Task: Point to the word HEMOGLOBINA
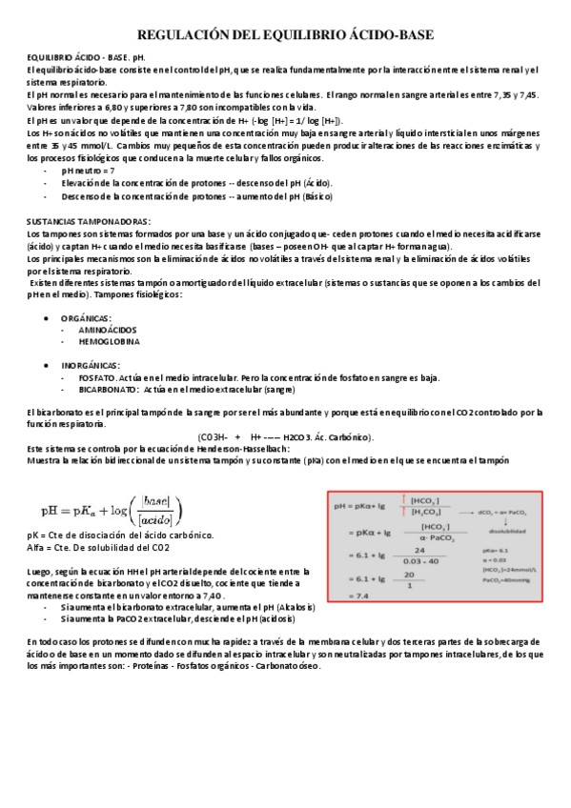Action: [x=109, y=340]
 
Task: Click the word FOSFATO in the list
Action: [x=97, y=377]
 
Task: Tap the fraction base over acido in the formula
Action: [x=153, y=510]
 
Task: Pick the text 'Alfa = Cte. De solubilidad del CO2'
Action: [x=99, y=548]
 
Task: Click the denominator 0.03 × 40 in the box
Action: [x=418, y=560]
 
